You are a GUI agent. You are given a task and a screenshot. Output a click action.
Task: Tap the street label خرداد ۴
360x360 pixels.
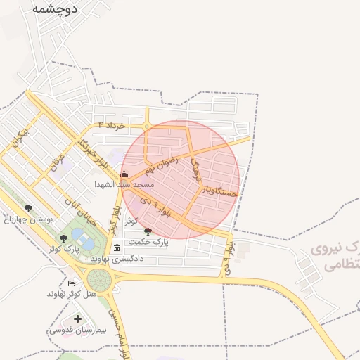(112, 125)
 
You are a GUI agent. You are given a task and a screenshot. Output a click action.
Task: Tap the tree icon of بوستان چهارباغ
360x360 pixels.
(28, 208)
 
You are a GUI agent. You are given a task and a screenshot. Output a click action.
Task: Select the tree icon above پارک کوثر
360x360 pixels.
(63, 239)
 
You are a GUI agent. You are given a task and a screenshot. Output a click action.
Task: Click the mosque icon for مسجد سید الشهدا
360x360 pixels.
(124, 173)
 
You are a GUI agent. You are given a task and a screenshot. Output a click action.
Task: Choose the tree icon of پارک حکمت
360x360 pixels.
(147, 231)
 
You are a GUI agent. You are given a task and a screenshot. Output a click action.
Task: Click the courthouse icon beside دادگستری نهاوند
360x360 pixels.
(117, 247)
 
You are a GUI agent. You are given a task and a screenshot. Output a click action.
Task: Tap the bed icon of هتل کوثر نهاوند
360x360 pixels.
(71, 283)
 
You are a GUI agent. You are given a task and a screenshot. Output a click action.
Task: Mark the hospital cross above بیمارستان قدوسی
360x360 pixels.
(77, 319)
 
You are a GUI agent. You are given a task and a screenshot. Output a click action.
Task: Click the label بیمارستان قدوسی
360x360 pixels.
(77, 330)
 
